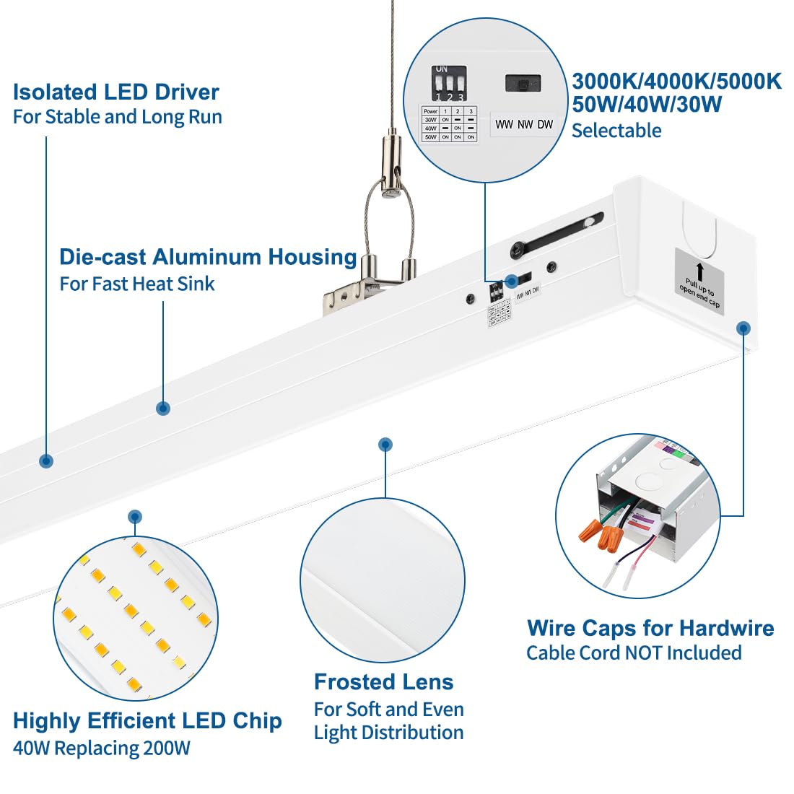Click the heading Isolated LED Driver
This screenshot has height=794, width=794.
(115, 92)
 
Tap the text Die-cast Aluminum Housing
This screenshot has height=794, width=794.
(208, 257)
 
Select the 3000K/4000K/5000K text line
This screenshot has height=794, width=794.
(676, 81)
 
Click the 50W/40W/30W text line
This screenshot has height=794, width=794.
(647, 104)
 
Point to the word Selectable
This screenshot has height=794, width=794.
(616, 131)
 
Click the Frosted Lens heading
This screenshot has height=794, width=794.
(383, 682)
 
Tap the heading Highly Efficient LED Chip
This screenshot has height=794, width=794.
(147, 720)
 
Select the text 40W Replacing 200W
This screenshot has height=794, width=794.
(102, 748)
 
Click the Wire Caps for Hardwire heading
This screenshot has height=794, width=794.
(650, 628)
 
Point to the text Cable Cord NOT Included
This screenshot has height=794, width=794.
(634, 653)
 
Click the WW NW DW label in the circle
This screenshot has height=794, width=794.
(524, 124)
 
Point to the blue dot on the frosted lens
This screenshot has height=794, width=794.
(385, 445)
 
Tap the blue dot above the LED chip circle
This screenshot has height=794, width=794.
(134, 517)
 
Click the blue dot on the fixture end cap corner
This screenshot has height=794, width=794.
(743, 328)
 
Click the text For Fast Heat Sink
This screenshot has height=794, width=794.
(137, 284)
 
